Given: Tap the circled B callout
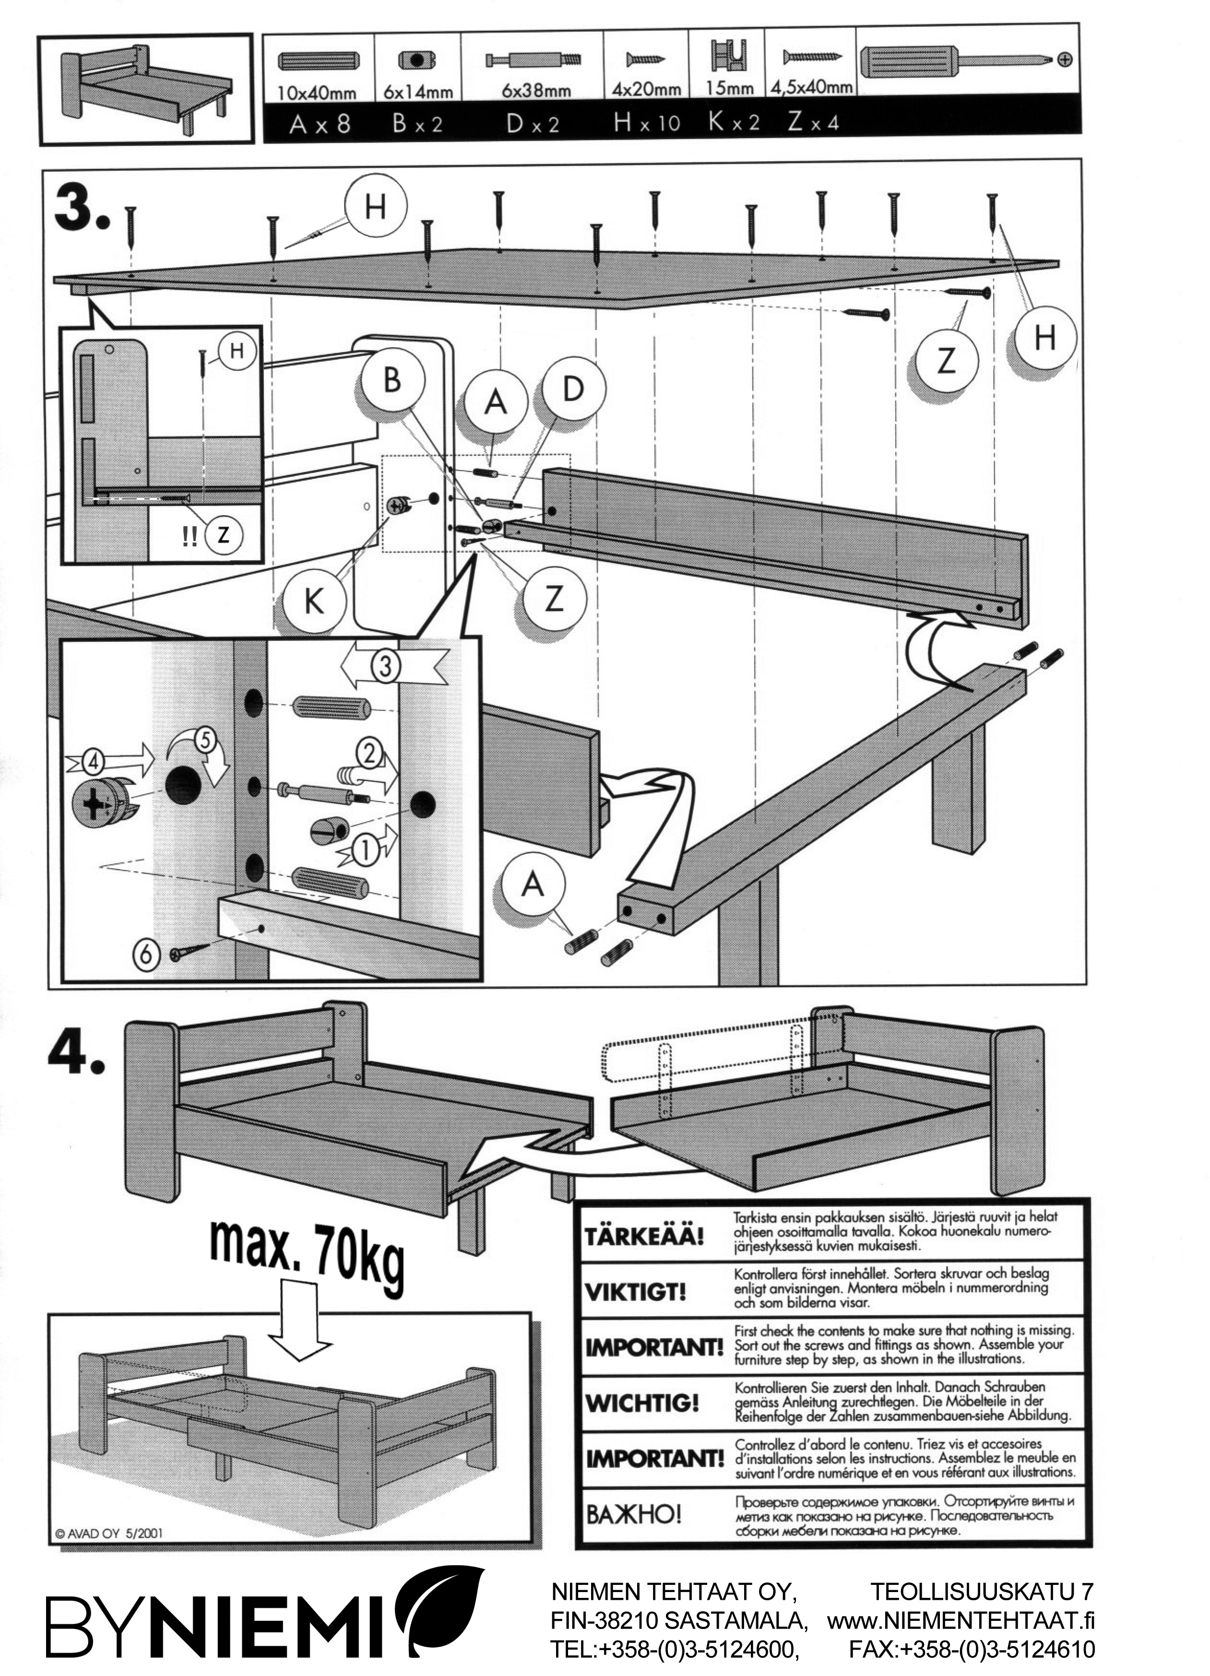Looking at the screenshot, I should (392, 380).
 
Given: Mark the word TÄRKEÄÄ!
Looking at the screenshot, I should (644, 1236).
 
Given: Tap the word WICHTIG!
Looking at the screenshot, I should (641, 1402).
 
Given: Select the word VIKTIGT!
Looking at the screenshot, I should (635, 1292).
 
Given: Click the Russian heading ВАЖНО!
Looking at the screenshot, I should (633, 1514).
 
